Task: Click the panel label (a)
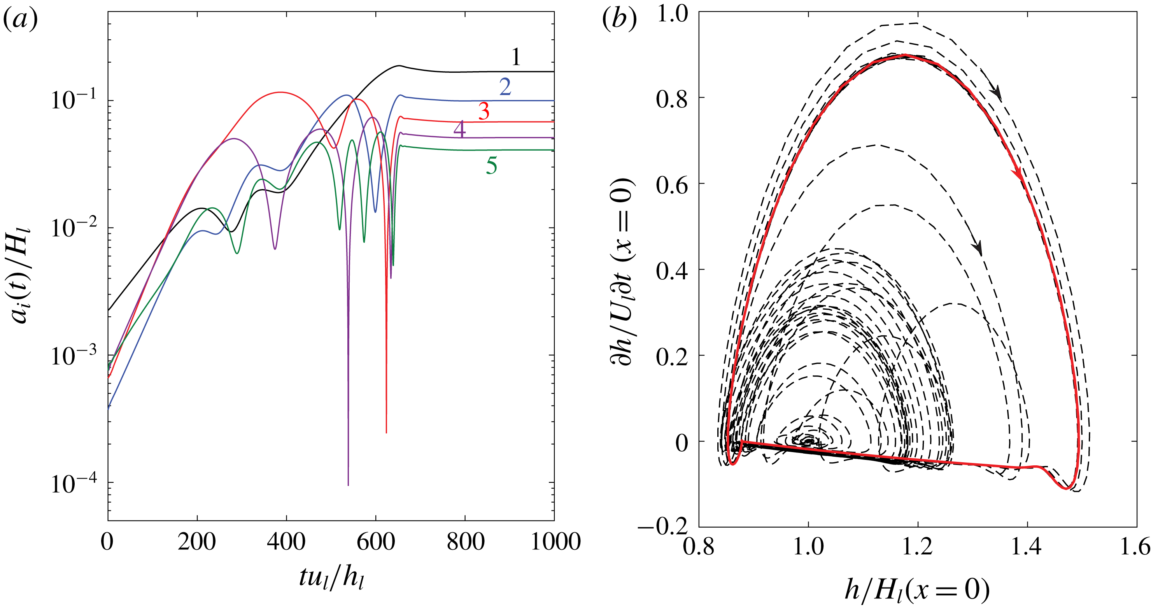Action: click(20, 20)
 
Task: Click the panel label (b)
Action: click(619, 20)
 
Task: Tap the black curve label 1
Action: click(516, 57)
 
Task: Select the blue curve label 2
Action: click(505, 87)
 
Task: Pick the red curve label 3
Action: click(484, 111)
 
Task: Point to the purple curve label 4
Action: click(459, 129)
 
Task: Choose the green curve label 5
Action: click(492, 166)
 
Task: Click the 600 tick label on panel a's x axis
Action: click(375, 542)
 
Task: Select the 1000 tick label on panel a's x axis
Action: click(555, 542)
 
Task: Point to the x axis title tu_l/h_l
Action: click(331, 578)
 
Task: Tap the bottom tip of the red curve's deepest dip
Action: click(386, 432)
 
